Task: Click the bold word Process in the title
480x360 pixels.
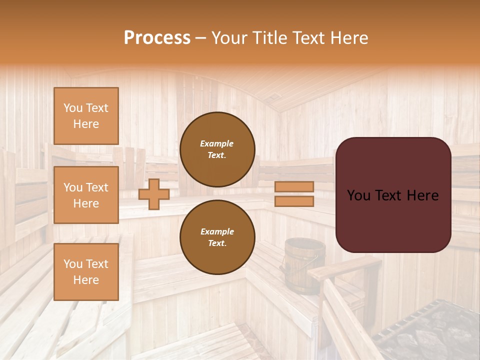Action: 157,38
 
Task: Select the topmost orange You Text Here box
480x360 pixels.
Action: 86,116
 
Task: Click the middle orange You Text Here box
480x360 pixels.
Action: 86,195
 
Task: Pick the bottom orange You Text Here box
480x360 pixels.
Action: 86,271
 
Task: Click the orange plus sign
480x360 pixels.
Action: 153,194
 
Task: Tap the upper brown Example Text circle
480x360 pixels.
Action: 217,149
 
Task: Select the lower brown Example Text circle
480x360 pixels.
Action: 217,237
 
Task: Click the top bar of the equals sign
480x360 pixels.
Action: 294,187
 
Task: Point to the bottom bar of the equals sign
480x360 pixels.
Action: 294,201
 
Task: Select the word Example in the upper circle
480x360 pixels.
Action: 217,143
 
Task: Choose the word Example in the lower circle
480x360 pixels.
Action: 217,231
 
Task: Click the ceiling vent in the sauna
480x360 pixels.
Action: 274,96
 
